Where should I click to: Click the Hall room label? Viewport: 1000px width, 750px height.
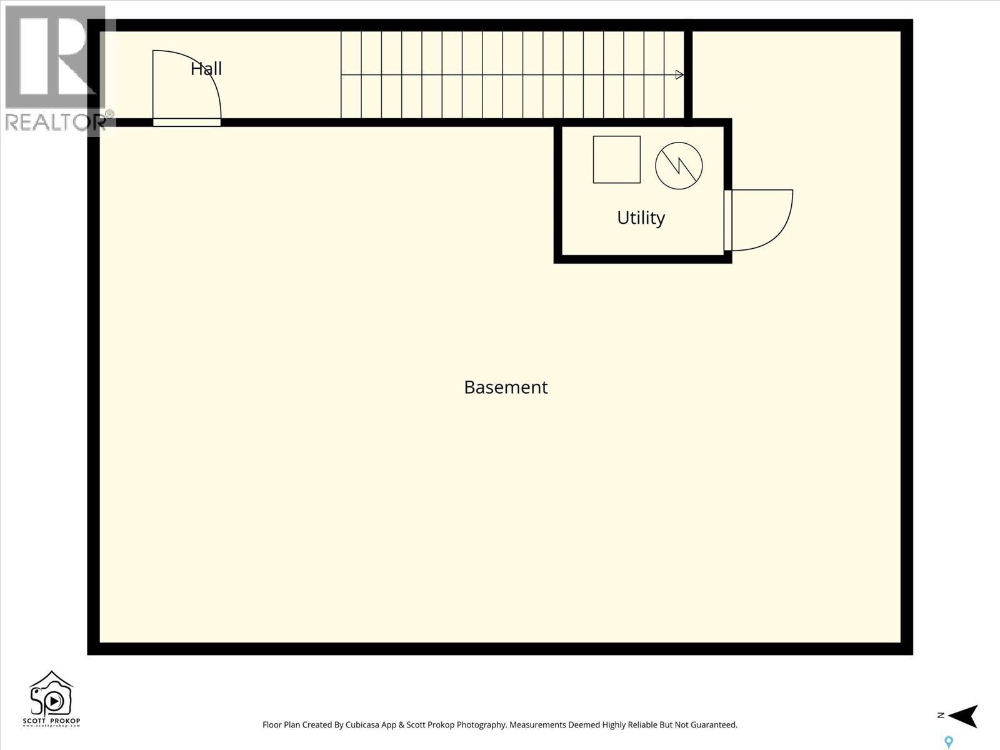206,69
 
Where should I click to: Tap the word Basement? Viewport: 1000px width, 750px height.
506,387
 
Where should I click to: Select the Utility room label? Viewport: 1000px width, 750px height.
641,218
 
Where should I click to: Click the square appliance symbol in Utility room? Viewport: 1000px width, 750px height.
616,159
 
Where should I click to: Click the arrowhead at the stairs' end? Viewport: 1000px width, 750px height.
680,75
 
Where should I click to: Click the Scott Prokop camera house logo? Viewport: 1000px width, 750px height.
51,695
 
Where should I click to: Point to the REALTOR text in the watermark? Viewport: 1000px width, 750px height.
53,122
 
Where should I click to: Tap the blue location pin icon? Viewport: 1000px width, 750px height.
949,742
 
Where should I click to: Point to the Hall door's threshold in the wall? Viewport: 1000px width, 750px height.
187,122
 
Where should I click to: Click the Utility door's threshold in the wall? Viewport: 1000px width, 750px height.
727,221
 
